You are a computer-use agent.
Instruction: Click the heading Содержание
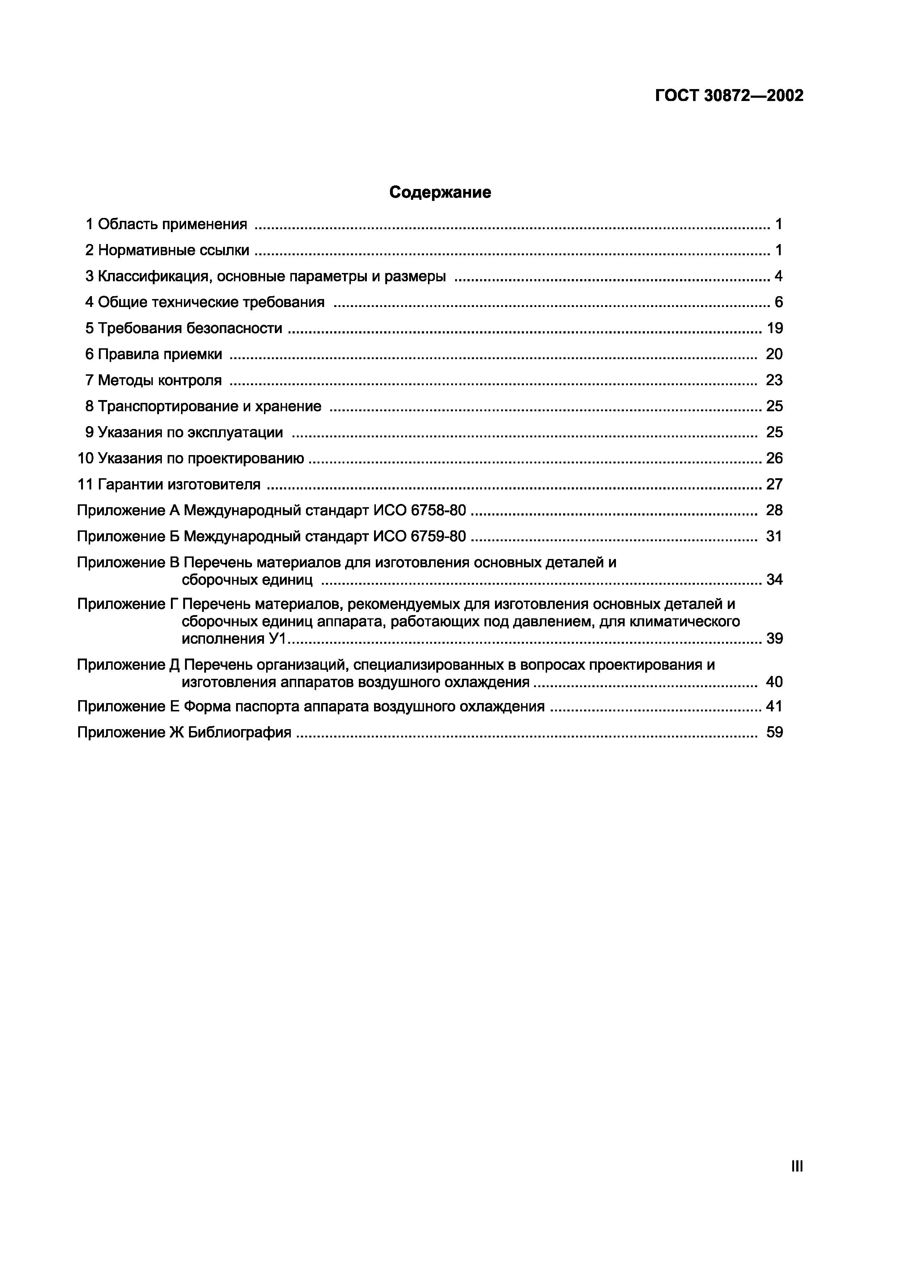click(440, 193)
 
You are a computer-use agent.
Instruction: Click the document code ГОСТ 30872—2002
click(729, 96)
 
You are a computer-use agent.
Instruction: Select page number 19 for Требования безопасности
click(775, 329)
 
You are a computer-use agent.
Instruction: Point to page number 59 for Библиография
click(775, 733)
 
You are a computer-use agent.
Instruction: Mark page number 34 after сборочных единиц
click(775, 580)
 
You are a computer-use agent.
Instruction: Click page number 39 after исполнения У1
click(775, 639)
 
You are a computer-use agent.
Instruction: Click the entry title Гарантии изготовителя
click(179, 484)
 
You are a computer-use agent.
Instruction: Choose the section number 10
click(85, 459)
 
